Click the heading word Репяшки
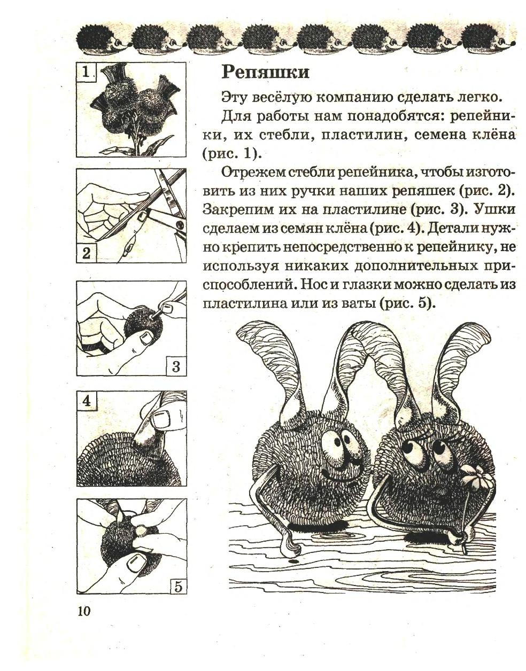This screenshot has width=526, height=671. click(265, 72)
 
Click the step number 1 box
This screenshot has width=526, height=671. click(86, 72)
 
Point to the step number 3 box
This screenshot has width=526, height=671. click(176, 366)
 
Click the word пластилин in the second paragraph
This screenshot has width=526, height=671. click(360, 135)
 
